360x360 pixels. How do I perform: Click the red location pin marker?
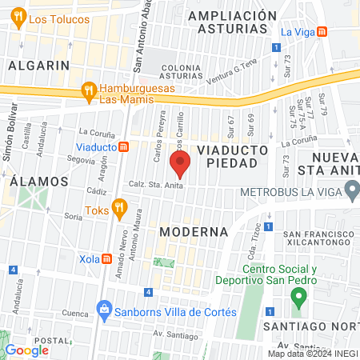(180, 165)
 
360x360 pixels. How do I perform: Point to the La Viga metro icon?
(321, 32)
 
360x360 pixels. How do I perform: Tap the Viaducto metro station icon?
(124, 147)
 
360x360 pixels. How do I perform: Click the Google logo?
(27, 350)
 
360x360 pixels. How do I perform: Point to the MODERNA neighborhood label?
(194, 231)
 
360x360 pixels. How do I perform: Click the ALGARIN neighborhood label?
(35, 66)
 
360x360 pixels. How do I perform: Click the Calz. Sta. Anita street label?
(158, 186)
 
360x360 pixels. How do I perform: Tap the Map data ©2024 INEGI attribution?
(311, 354)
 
